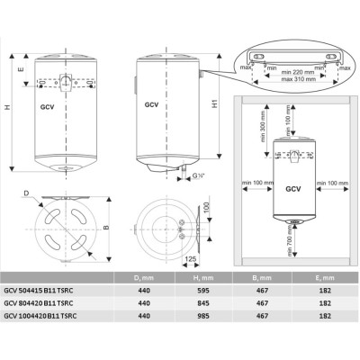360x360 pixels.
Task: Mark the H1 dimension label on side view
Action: (x=214, y=103)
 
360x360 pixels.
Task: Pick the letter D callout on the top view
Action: (x=29, y=192)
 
